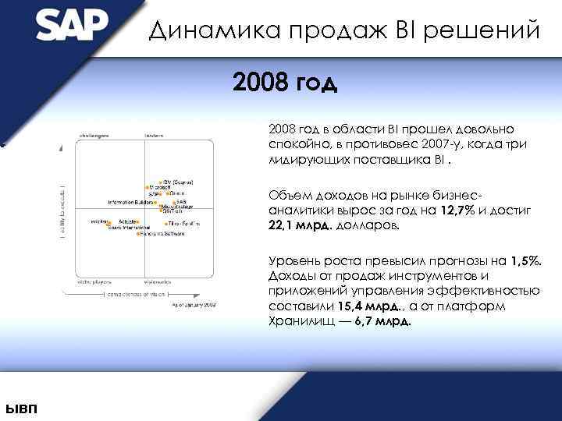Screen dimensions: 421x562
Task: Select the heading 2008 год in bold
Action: click(x=284, y=82)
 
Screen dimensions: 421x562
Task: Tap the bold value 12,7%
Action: click(x=458, y=210)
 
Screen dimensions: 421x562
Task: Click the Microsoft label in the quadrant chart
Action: click(x=160, y=187)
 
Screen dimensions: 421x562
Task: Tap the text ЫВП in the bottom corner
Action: click(x=20, y=410)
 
